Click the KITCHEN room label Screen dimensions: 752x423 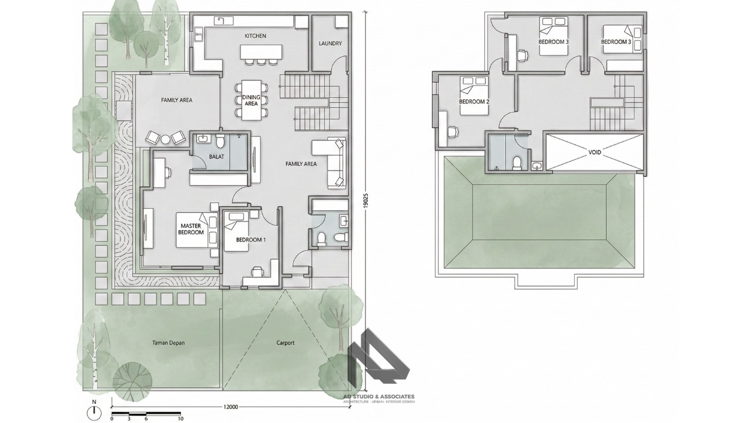tap(255, 36)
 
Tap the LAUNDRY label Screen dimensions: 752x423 tap(330, 43)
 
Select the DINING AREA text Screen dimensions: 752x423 tap(251, 100)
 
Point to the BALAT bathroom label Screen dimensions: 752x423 tap(217, 156)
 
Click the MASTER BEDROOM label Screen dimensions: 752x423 tap(191, 229)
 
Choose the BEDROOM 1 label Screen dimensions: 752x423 tap(251, 240)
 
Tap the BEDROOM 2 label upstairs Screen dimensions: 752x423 tap(474, 102)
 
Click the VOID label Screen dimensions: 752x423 tap(595, 152)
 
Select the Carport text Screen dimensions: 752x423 tap(286, 343)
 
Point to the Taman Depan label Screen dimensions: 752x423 tap(169, 343)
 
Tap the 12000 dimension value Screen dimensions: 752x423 tap(231, 407)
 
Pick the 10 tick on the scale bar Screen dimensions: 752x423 tap(180, 418)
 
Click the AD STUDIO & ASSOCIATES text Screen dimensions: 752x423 tap(379, 397)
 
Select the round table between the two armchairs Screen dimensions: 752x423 tap(166, 139)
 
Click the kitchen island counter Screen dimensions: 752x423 tap(261, 52)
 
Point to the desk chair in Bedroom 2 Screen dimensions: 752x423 tap(452, 132)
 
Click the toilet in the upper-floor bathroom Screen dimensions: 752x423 tap(517, 163)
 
